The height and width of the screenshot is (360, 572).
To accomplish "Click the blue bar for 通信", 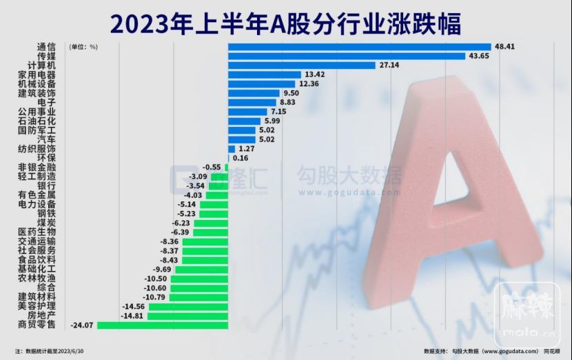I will (x=358, y=47).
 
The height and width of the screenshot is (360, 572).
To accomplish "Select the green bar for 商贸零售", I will (x=163, y=325).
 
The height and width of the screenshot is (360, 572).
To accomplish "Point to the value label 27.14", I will (x=389, y=66).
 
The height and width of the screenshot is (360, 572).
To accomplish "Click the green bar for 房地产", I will (x=187, y=316).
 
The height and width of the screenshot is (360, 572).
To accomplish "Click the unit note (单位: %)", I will (x=83, y=47).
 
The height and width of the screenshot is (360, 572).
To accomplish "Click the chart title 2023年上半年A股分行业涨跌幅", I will (x=285, y=23).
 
